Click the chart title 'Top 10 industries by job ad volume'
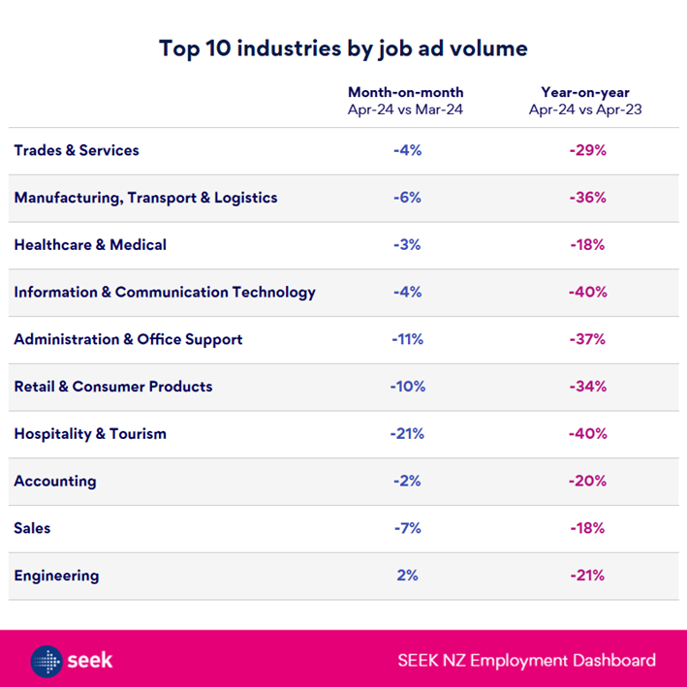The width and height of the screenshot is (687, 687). (343, 48)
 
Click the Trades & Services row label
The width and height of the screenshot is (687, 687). (77, 150)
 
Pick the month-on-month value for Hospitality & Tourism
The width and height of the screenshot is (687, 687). (407, 433)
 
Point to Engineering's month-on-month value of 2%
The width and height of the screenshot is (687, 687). (407, 575)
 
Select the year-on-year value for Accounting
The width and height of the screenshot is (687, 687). (587, 481)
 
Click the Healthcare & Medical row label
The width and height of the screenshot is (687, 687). (90, 244)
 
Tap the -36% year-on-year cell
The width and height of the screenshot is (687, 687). (587, 198)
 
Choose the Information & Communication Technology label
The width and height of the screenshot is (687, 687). (165, 292)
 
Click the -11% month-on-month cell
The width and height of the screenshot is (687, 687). (407, 339)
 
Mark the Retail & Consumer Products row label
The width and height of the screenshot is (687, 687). (112, 386)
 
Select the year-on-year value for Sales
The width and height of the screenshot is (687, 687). (587, 528)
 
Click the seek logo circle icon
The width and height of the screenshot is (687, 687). (47, 661)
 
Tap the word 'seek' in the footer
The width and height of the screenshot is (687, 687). (90, 661)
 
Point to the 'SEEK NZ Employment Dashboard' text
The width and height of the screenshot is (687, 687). (526, 661)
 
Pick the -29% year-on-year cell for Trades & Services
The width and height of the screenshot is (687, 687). (587, 150)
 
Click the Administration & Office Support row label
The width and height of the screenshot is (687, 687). (128, 339)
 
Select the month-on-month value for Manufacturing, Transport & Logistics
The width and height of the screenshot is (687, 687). (407, 198)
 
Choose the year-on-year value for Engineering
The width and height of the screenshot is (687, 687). (587, 575)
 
